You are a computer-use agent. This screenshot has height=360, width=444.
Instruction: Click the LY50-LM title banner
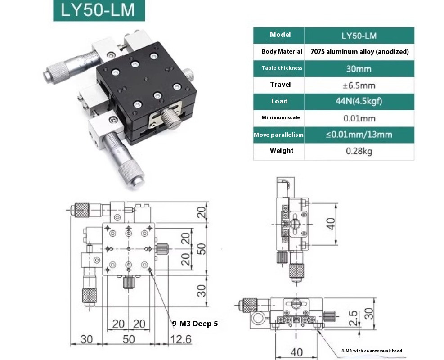(x=99, y=10)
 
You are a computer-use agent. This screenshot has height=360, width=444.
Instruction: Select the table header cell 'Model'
(x=280, y=35)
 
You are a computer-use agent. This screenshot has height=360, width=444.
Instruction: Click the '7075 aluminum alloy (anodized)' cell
(x=359, y=52)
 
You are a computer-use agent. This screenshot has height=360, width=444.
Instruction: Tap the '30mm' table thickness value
(x=359, y=68)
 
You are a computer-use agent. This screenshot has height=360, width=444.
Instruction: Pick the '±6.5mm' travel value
(x=359, y=85)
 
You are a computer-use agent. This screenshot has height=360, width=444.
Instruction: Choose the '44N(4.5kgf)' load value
(x=359, y=101)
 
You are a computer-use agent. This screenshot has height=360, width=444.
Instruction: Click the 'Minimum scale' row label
(x=280, y=117)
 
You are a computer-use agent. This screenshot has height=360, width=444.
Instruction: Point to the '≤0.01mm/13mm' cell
(x=359, y=135)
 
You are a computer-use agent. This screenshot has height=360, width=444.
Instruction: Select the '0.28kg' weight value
(x=359, y=151)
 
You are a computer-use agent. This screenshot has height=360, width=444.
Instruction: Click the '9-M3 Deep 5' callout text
(x=195, y=323)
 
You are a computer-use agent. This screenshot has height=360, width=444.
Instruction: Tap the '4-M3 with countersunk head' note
(x=371, y=351)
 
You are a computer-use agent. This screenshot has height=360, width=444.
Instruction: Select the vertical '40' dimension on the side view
(x=331, y=223)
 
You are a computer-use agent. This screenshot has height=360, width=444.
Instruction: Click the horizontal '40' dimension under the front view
(x=296, y=351)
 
